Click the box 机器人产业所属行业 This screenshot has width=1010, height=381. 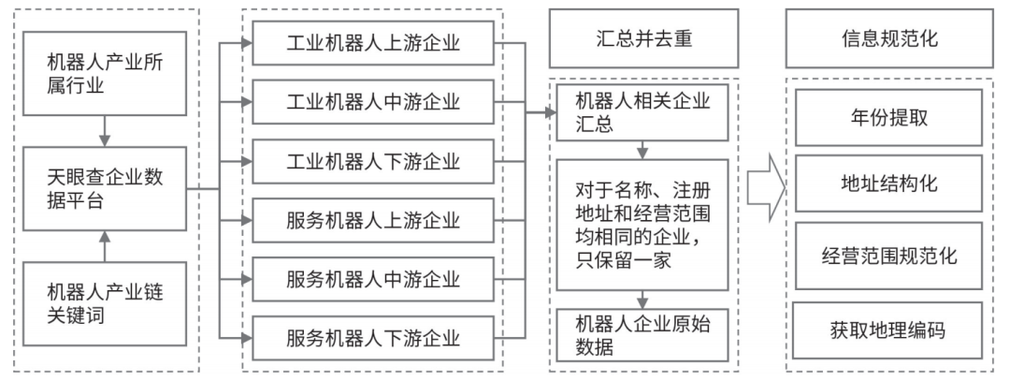(105, 74)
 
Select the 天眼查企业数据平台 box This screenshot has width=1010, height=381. (105, 188)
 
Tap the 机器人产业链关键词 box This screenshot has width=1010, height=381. (105, 303)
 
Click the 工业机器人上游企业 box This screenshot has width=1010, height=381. (373, 43)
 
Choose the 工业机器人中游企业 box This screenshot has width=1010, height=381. (373, 102)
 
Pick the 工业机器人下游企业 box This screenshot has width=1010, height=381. (373, 161)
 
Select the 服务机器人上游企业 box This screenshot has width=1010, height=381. (373, 220)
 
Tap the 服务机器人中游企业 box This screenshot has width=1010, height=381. (373, 279)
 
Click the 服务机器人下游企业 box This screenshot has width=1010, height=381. (373, 338)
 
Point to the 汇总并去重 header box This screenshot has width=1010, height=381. (643, 38)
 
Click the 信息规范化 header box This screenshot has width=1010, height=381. (889, 38)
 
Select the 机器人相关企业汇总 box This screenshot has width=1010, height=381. (642, 112)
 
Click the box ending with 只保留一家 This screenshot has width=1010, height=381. (642, 225)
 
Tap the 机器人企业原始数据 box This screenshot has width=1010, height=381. (642, 335)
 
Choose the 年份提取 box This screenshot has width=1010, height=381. (889, 117)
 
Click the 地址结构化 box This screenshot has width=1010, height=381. (889, 183)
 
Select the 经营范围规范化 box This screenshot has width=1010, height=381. (889, 256)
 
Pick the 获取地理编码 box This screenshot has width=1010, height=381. (887, 330)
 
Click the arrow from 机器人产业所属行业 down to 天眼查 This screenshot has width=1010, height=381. (105, 131)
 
